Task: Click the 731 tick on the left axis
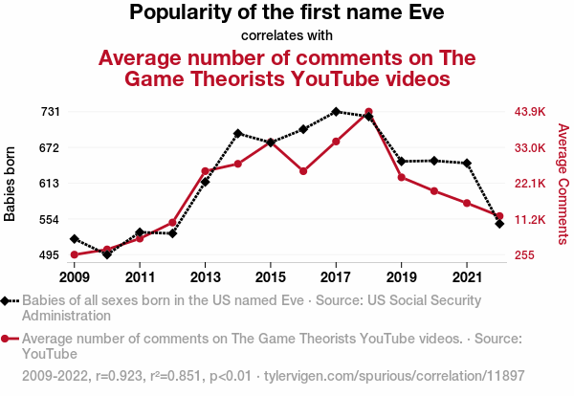point(51,112)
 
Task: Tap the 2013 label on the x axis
point(205,277)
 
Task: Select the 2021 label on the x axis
point(467,277)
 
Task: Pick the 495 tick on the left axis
point(51,255)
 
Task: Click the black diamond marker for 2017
point(336,112)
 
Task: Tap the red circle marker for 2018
point(368,112)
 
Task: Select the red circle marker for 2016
point(303,171)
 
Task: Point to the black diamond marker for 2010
point(107,254)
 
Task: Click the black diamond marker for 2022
point(499,224)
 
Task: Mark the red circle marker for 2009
point(75,254)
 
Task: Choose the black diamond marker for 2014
point(237,134)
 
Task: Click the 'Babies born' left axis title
point(11,184)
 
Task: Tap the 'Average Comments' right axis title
point(563,182)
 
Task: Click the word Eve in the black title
point(427,13)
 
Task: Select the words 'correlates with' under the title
point(287,35)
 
